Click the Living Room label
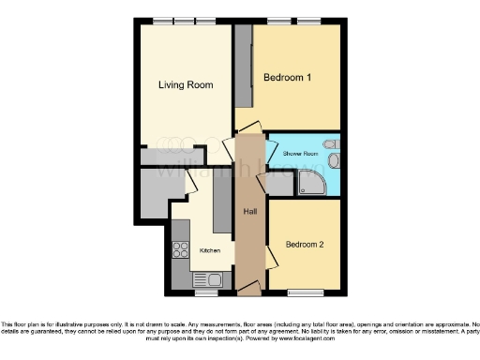tap(185, 84)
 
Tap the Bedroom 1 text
tap(287, 77)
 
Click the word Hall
tap(250, 212)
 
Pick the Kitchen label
tap(210, 250)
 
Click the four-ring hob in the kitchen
tap(181, 250)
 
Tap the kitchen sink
tap(206, 278)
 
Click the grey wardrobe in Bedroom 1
tap(243, 67)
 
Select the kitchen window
tap(205, 292)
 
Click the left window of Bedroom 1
tap(277, 20)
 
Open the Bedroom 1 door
tap(247, 129)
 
